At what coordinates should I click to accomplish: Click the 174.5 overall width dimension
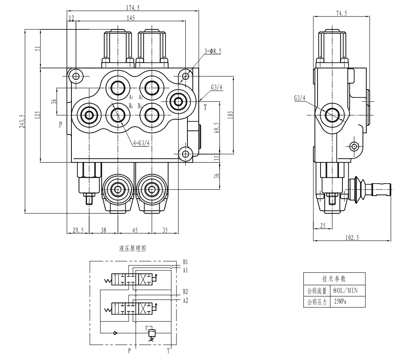point(132,7)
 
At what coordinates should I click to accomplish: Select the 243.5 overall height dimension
point(22,121)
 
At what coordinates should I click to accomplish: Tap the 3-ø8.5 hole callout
point(213,51)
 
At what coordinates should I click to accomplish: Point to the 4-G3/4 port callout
point(142,143)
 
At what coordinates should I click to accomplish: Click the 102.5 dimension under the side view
point(352,238)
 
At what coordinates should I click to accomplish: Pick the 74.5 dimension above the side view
point(341,13)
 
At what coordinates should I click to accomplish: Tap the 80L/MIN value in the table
point(345,290)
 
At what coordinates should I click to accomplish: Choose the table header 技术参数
point(334,279)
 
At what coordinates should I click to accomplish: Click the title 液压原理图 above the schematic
point(132,249)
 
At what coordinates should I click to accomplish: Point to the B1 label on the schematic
point(185,262)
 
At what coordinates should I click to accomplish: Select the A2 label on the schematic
point(185,300)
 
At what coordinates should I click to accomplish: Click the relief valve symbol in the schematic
point(152,334)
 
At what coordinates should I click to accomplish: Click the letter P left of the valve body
point(60,124)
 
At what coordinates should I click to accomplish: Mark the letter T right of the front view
point(205,108)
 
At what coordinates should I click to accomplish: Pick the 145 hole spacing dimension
point(131,18)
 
